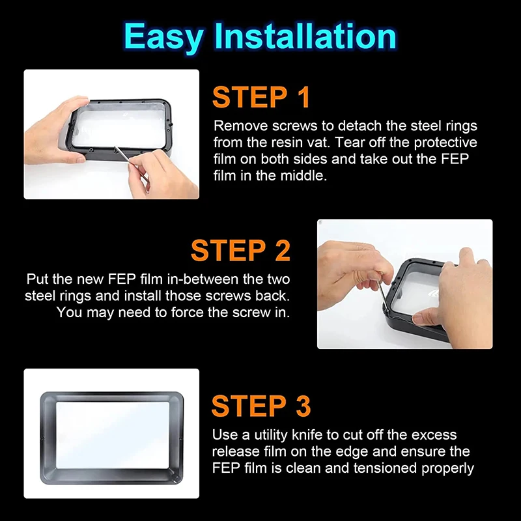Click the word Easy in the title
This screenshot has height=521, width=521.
(x=164, y=37)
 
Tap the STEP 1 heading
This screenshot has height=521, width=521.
(x=261, y=97)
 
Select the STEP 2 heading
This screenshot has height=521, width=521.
(x=240, y=250)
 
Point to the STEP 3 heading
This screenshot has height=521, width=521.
(x=261, y=406)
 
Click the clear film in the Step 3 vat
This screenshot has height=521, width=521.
(x=113, y=435)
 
